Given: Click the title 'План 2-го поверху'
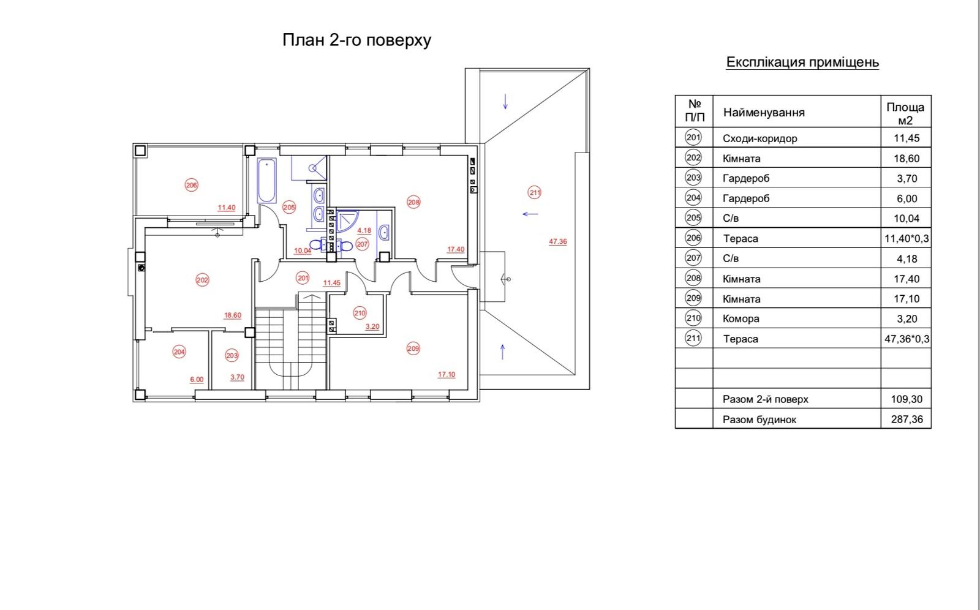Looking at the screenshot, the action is (356, 40).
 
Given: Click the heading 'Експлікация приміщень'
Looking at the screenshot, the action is (802, 62).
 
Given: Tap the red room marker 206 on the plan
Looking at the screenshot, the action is (191, 185).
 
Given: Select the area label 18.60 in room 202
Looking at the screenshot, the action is (233, 315).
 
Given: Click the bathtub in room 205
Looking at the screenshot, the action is (267, 181).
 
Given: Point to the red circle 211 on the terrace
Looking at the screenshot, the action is (535, 192).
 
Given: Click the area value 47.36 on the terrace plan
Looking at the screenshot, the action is (558, 241).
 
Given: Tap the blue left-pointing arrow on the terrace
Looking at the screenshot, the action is (530, 214).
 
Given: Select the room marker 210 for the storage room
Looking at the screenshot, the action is (360, 313).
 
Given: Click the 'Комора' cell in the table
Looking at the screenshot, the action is (741, 318).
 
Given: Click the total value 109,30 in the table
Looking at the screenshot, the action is (907, 399).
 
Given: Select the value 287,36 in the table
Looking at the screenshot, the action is (907, 419).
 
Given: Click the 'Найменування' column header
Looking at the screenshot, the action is (764, 113).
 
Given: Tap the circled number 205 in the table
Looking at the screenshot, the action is (693, 217).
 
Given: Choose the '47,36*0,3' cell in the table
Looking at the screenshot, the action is (907, 339).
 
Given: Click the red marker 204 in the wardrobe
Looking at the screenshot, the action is (179, 352).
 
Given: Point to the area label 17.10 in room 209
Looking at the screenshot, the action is (447, 375).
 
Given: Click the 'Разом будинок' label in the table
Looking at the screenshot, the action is (759, 420).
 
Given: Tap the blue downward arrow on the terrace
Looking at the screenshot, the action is (505, 102).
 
